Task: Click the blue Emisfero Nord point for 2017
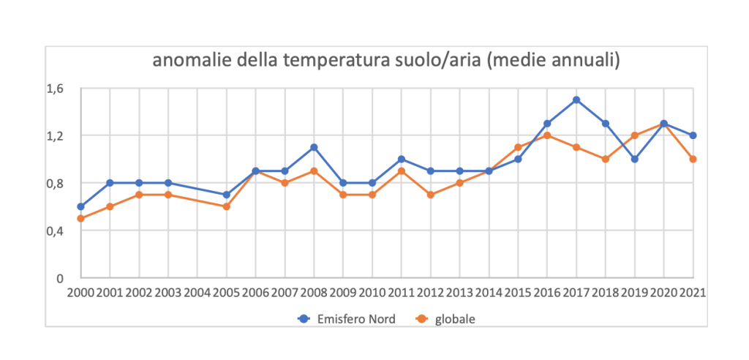point(576,100)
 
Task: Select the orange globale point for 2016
point(547,135)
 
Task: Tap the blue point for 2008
point(314,147)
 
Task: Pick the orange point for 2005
point(226,206)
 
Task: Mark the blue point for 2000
point(80,206)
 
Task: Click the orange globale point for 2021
point(693,159)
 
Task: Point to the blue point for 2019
point(635,159)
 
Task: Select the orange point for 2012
point(430,195)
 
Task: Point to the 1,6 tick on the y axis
point(56,89)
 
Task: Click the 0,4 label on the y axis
point(56,230)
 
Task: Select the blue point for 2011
point(401,159)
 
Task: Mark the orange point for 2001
point(110,206)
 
